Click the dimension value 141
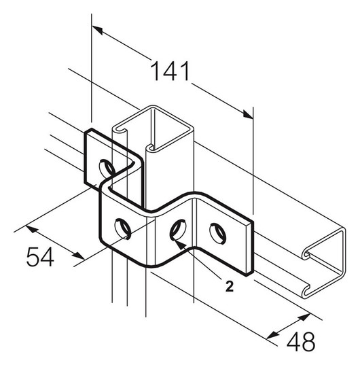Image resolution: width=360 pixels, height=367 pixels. [x=170, y=71]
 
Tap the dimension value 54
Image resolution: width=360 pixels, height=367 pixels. [x=40, y=257]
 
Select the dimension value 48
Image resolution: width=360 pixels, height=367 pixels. [x=301, y=341]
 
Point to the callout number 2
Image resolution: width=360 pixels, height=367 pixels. [x=229, y=286]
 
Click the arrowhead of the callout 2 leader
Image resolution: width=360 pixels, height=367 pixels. [x=178, y=243]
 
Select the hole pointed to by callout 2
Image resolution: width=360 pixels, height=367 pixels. [x=178, y=230]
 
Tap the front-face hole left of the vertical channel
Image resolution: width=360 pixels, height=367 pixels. [x=122, y=228]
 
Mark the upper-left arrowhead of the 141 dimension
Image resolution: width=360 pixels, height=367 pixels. [x=97, y=30]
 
